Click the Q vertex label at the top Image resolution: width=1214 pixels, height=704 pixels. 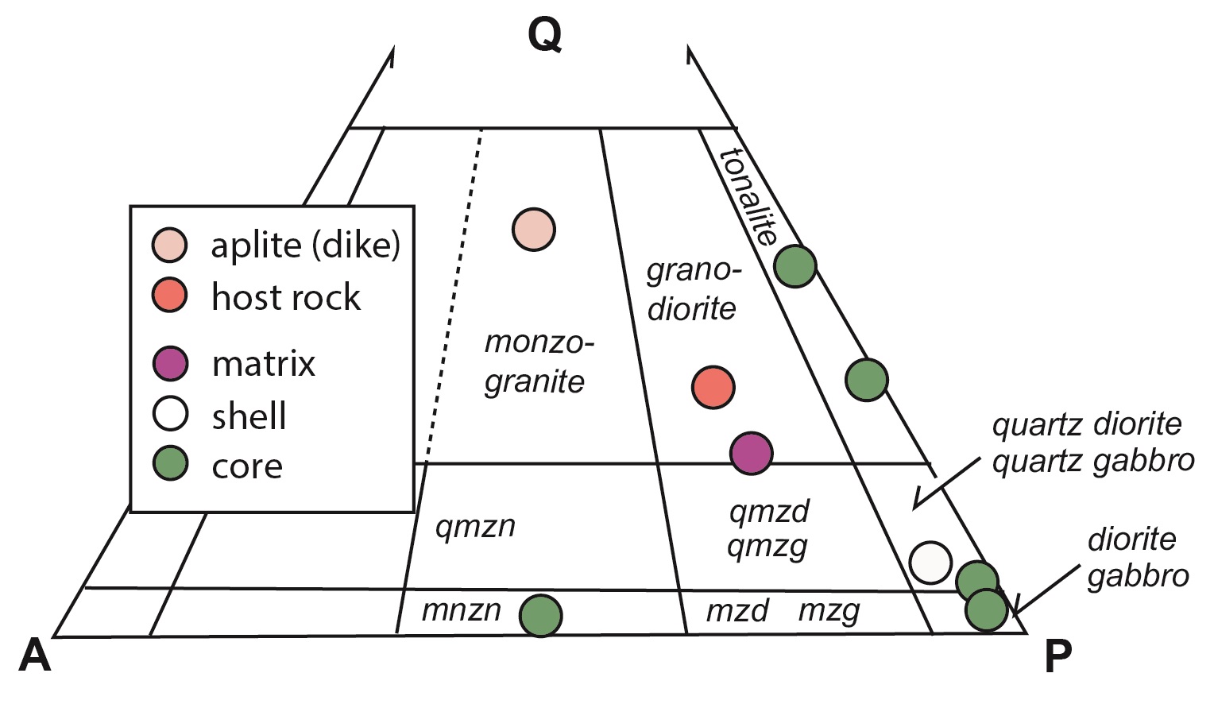pos(545,35)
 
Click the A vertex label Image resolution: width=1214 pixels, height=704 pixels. pos(35,656)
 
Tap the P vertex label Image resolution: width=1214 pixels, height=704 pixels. pos(1057,656)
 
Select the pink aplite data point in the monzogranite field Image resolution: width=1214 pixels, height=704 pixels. pos(534,230)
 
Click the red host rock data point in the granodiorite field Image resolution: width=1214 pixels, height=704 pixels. pos(713,388)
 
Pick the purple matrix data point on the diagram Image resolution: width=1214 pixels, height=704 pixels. pos(751,453)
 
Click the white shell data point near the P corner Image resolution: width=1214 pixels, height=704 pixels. pos(930,563)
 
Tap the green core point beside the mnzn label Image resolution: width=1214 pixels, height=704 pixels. pos(541,615)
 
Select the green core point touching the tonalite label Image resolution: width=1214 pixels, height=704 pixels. pos(795,266)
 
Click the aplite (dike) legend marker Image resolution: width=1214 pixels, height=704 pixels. pos(170,245)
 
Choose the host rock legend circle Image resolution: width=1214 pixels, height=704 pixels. pos(170,296)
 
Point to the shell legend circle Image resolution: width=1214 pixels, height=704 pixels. pos(170,414)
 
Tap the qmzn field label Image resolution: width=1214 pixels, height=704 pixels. pos(475,526)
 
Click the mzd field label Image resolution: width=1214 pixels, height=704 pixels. pos(737,611)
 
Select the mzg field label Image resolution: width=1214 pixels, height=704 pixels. pos(829,611)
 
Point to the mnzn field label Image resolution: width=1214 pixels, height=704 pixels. pos(462,610)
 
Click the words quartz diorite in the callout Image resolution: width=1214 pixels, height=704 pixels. pos(1086,424)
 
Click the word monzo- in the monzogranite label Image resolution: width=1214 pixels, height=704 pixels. pos(539,343)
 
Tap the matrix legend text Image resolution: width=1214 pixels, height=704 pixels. pos(264,364)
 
